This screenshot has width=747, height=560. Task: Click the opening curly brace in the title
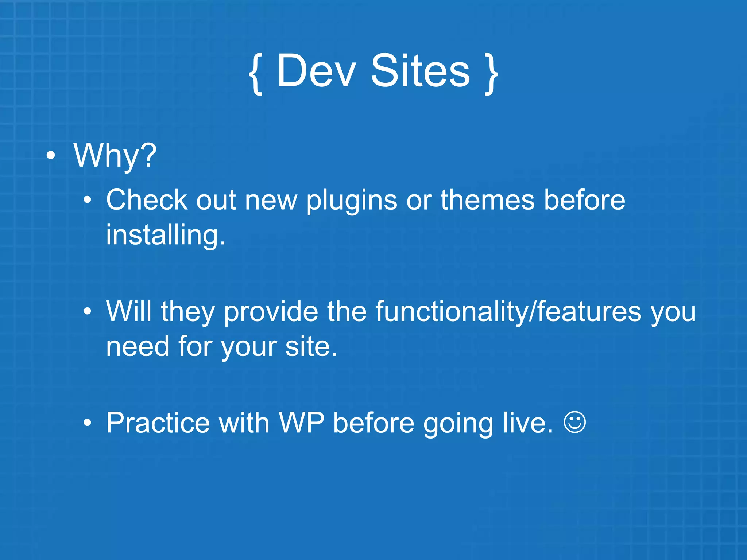tap(256, 73)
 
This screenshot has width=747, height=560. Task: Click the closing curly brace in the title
tap(491, 73)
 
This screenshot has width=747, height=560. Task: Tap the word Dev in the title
tap(316, 71)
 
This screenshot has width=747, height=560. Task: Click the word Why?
tap(115, 156)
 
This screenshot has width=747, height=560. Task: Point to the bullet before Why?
tap(51, 156)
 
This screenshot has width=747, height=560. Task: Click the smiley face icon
tap(574, 422)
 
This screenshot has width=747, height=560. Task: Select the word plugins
tap(352, 201)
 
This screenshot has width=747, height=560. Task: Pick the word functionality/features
tap(508, 312)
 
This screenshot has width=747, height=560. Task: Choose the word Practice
tap(158, 423)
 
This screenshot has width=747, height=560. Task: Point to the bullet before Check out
tap(87, 200)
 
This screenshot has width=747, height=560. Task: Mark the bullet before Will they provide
tap(87, 312)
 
